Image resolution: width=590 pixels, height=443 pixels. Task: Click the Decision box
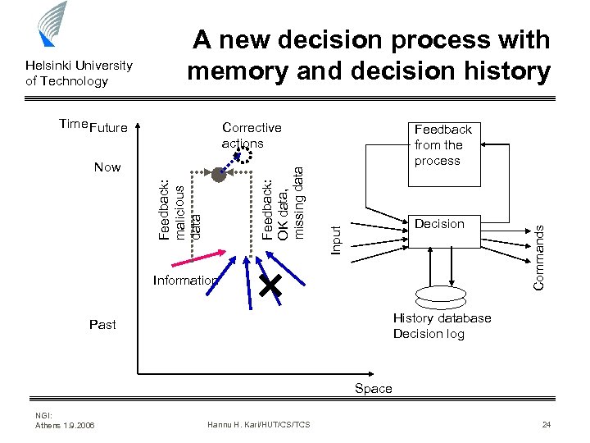coord(439,224)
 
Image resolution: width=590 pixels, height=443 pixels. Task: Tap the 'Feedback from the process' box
coord(443,144)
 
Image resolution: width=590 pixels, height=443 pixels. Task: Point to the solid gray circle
coord(218,174)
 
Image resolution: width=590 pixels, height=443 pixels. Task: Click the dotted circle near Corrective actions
coord(243,159)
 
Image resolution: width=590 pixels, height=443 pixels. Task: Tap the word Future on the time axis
coord(108,128)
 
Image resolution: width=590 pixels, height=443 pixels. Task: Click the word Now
coord(107,167)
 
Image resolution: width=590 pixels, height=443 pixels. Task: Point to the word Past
coord(102,325)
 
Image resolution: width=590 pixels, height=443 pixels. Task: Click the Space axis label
coord(373,388)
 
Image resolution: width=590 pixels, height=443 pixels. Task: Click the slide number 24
coord(546,424)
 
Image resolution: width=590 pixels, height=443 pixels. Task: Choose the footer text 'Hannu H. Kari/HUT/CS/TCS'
coord(258,424)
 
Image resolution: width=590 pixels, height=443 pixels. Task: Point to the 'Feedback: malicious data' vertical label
coord(179,209)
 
